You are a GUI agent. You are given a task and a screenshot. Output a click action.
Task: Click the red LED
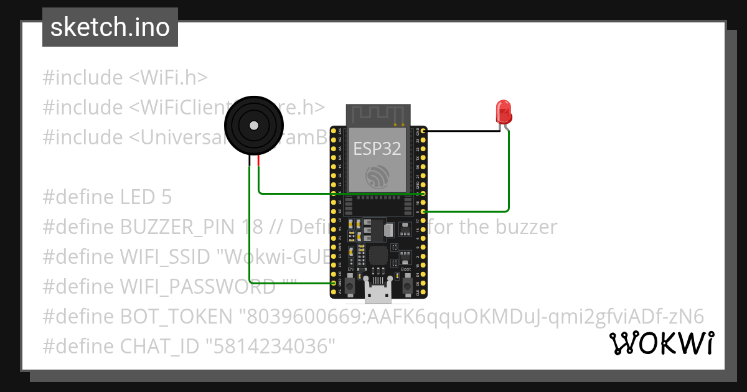pos(504,113)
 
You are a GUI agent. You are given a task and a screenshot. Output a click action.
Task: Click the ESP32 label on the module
pos(377,148)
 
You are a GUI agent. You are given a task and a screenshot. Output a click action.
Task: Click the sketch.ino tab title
pos(110,27)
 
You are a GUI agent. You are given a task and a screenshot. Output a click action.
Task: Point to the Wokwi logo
pos(661,343)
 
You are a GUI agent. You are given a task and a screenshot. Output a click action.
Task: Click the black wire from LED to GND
pos(464,131)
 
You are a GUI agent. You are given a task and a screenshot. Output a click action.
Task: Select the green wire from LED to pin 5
pos(509,180)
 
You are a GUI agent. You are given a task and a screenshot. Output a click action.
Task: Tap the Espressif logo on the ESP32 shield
pos(377,177)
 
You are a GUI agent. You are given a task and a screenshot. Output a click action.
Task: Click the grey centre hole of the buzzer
pos(253,125)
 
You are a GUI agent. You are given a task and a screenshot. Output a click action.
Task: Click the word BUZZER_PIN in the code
pos(177,227)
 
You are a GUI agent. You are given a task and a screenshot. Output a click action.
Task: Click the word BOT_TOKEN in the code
pos(176,317)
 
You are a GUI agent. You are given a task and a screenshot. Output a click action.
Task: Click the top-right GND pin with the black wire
pos(423,131)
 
